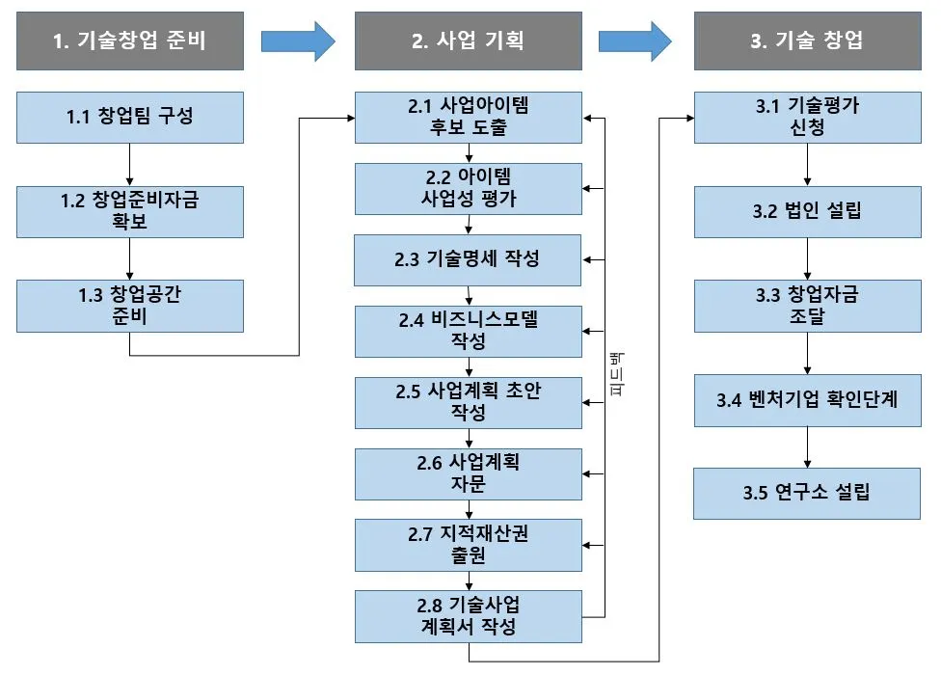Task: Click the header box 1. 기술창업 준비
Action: [130, 40]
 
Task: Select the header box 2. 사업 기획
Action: [469, 40]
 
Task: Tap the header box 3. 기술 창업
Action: [807, 40]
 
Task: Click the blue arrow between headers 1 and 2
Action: [298, 40]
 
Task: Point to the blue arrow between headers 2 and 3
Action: [635, 40]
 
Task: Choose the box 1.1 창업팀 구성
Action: [130, 118]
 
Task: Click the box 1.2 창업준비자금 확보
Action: [130, 211]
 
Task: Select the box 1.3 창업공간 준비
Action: [130, 306]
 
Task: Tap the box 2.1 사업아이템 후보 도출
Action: [469, 118]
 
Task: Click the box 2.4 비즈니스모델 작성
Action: [469, 331]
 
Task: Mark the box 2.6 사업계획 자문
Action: [469, 473]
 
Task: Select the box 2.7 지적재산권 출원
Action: [469, 545]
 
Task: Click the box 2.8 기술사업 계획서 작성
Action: [469, 616]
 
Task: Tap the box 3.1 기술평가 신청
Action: [807, 118]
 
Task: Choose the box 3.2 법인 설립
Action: [807, 211]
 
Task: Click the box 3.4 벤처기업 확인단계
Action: [807, 399]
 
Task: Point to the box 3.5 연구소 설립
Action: [807, 493]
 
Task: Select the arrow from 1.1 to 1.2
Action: [130, 165]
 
